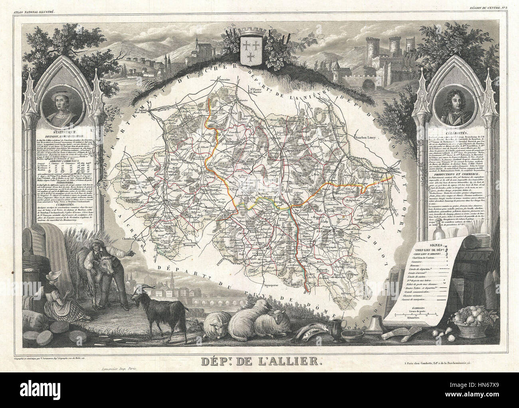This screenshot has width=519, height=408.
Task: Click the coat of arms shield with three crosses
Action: coord(250,53)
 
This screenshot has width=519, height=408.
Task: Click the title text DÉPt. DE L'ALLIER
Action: coord(259,363)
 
